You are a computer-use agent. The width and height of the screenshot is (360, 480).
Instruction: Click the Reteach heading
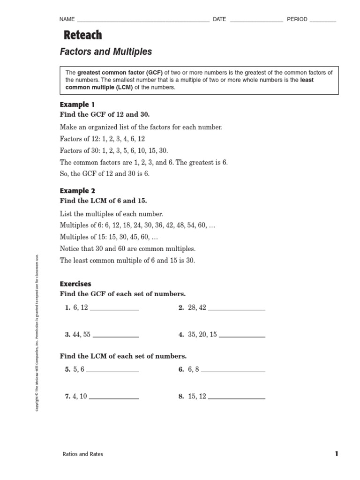tap(82, 36)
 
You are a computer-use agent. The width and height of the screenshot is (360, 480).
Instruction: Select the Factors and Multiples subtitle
tap(106, 52)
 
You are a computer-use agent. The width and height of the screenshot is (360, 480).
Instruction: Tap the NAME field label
tap(67, 19)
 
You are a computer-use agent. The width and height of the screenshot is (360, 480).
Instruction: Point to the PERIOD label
tap(297, 19)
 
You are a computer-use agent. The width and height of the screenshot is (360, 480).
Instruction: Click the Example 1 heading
tap(77, 104)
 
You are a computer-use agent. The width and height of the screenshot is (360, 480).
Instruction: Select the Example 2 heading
tap(77, 191)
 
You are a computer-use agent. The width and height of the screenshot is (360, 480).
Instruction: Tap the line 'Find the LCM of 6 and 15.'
tap(103, 201)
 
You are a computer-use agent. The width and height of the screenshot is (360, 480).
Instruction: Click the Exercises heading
tap(75, 284)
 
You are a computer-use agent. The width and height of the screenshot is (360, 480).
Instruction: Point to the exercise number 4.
tap(180, 335)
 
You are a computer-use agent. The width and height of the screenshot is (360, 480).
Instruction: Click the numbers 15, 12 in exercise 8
tap(196, 397)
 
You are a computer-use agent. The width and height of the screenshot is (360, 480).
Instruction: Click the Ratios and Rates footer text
tap(82, 454)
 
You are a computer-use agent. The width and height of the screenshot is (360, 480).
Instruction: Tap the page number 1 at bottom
tap(336, 454)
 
